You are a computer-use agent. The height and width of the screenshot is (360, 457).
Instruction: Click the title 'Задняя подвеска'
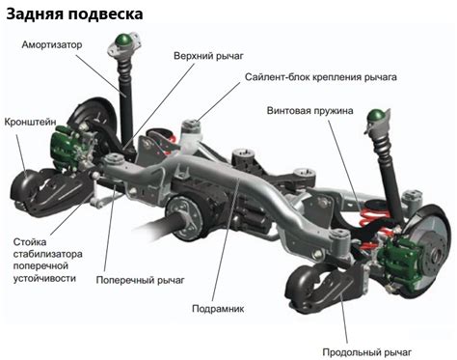tap(75, 14)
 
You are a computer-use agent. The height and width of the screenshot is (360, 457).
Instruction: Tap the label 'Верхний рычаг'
tap(208, 56)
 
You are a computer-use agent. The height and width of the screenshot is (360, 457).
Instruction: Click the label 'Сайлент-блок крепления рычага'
tap(320, 75)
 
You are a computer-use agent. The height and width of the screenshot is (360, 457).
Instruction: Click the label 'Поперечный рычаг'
tap(140, 279)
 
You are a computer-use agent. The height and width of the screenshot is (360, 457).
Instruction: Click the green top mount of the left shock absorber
tap(122, 42)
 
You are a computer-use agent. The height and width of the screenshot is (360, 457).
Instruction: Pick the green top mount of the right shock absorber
tap(371, 121)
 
